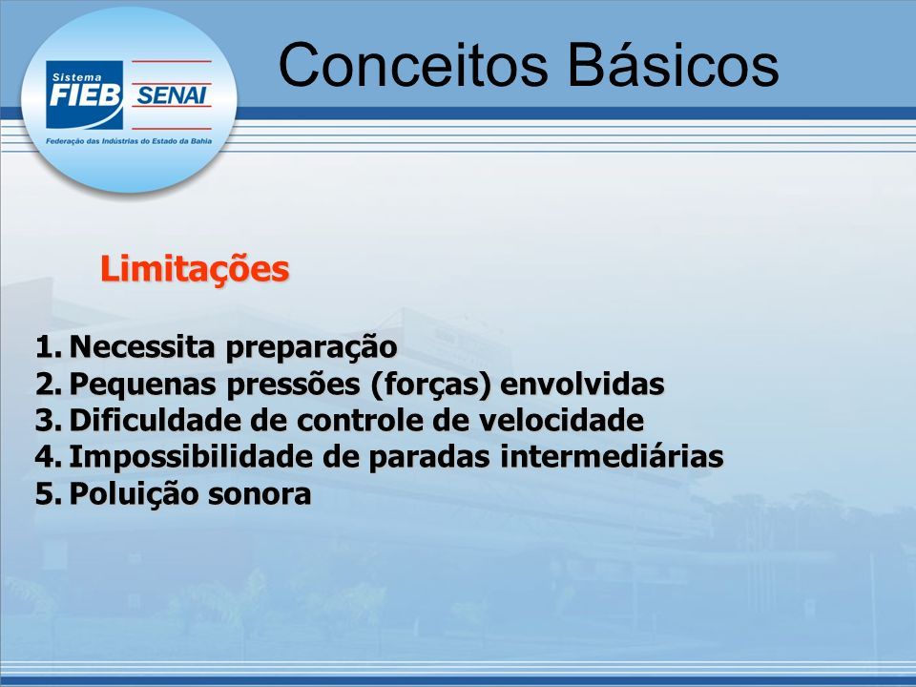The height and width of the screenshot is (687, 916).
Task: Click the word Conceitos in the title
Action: pos(413,64)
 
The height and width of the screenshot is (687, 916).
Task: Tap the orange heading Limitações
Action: pos(195,270)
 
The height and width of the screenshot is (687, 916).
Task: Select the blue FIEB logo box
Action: pos(85,94)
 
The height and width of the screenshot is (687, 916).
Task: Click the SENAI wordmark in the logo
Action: pos(171,95)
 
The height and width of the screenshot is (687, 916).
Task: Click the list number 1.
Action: pos(48,347)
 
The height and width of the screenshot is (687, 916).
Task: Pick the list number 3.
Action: pos(48,421)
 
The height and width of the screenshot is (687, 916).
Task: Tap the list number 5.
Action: pos(48,494)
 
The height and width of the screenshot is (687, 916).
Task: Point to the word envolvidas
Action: pos(582,384)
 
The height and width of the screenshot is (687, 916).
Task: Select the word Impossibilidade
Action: pos(191,457)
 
